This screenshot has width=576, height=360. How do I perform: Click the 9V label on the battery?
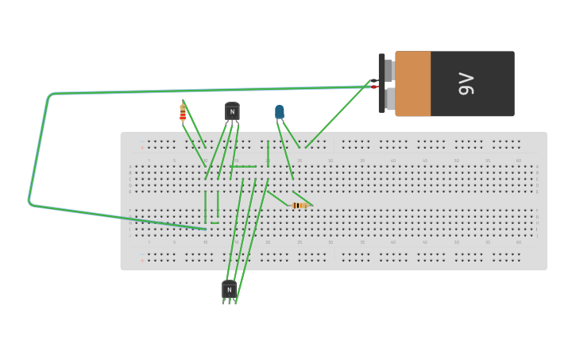tap(466, 83)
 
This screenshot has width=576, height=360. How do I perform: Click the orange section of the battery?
tap(412, 83)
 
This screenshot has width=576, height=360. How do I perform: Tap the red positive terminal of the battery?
tap(374, 87)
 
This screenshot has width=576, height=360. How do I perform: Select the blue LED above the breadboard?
tap(280, 112)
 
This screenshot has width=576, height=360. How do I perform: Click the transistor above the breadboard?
tap(232, 112)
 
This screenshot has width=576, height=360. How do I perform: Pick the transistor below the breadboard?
tap(229, 290)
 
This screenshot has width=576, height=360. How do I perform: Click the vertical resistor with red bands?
tap(183, 114)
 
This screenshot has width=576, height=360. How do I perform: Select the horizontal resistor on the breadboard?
tap(300, 205)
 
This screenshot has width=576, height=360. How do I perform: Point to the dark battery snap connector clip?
tap(381, 83)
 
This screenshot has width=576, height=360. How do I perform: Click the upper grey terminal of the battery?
tap(389, 70)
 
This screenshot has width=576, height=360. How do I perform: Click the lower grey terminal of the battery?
tap(389, 99)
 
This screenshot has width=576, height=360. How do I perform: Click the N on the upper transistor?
tap(232, 113)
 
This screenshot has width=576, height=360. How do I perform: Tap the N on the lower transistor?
tap(229, 291)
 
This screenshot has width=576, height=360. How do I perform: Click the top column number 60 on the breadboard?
tap(519, 161)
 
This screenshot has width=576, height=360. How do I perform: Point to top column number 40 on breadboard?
tap(393, 161)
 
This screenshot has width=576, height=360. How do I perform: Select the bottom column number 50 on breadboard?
tap(456, 242)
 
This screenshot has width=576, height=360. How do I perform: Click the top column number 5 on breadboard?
tap(174, 161)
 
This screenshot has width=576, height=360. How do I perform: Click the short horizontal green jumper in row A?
tap(244, 167)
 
